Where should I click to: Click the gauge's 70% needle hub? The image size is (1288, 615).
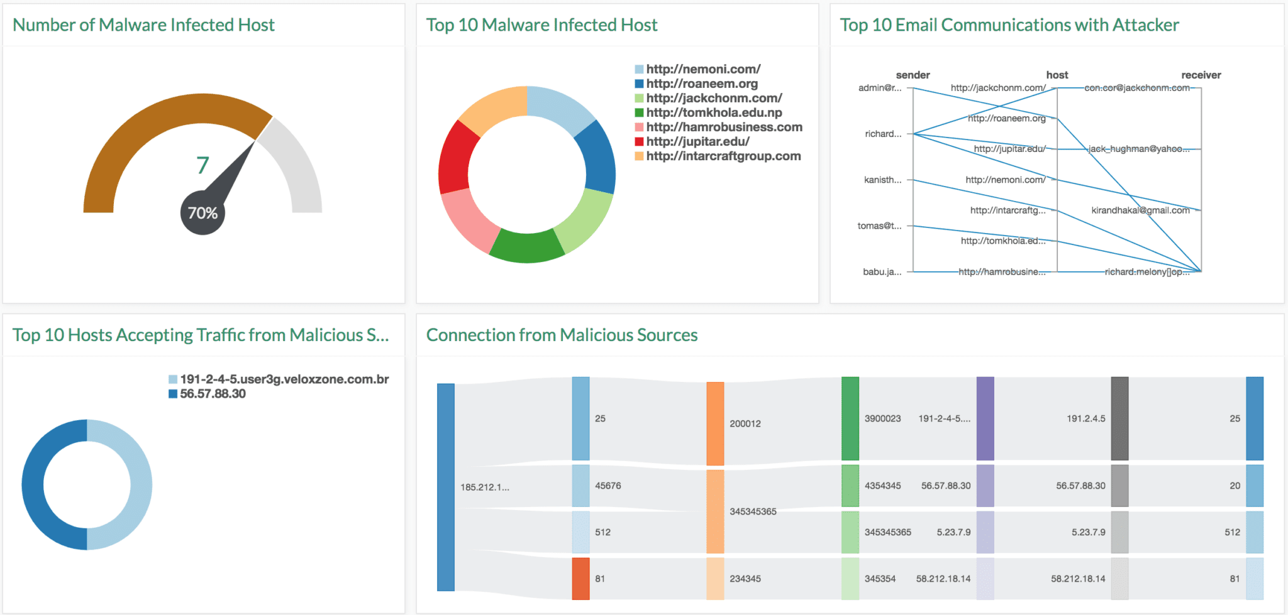[x=203, y=214]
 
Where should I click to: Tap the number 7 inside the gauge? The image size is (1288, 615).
[x=203, y=165]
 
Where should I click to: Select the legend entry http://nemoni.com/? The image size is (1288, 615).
[x=703, y=69]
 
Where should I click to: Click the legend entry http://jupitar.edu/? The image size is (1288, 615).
[x=697, y=141]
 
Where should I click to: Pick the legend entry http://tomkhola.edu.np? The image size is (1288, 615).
[x=714, y=112]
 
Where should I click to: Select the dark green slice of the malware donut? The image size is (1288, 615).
[x=526, y=246]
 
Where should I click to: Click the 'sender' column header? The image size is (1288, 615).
[x=913, y=75]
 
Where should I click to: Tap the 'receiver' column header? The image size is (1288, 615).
[x=1201, y=75]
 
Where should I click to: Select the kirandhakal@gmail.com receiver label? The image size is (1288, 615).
[x=1140, y=210]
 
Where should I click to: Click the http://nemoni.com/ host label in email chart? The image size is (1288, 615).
[x=1005, y=180]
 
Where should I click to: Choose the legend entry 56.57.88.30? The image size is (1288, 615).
[x=213, y=394]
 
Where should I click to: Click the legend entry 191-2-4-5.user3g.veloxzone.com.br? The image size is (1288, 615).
[x=284, y=379]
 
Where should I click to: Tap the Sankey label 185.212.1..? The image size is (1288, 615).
[x=484, y=487]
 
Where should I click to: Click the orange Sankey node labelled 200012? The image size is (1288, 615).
[x=715, y=423]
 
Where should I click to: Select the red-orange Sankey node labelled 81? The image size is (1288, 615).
[x=580, y=579]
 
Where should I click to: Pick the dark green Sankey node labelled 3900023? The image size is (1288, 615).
[x=850, y=418]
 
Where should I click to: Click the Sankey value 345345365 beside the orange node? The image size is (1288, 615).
[x=753, y=511]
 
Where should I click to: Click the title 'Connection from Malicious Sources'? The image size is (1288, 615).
[x=562, y=335]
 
